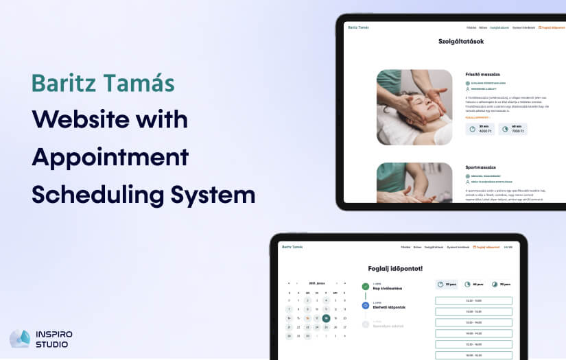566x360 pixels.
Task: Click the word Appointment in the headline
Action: tap(110, 156)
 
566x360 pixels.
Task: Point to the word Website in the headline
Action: tap(75, 119)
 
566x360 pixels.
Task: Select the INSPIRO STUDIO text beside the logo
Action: tap(54, 339)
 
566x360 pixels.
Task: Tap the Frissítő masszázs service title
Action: tap(482, 73)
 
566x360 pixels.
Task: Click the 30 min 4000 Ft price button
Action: tap(480, 128)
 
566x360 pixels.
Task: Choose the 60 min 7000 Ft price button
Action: tap(512, 128)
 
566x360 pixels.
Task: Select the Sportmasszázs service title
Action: tap(480, 167)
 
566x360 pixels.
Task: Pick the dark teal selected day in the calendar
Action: tap(326, 318)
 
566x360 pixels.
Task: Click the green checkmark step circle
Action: tap(365, 287)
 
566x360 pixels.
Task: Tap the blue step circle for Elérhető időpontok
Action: tap(365, 305)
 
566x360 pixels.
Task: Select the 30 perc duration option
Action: tap(447, 284)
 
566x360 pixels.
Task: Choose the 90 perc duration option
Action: tap(500, 284)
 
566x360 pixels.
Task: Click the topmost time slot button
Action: tap(473, 300)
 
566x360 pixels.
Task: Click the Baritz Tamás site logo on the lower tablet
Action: tap(292, 247)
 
